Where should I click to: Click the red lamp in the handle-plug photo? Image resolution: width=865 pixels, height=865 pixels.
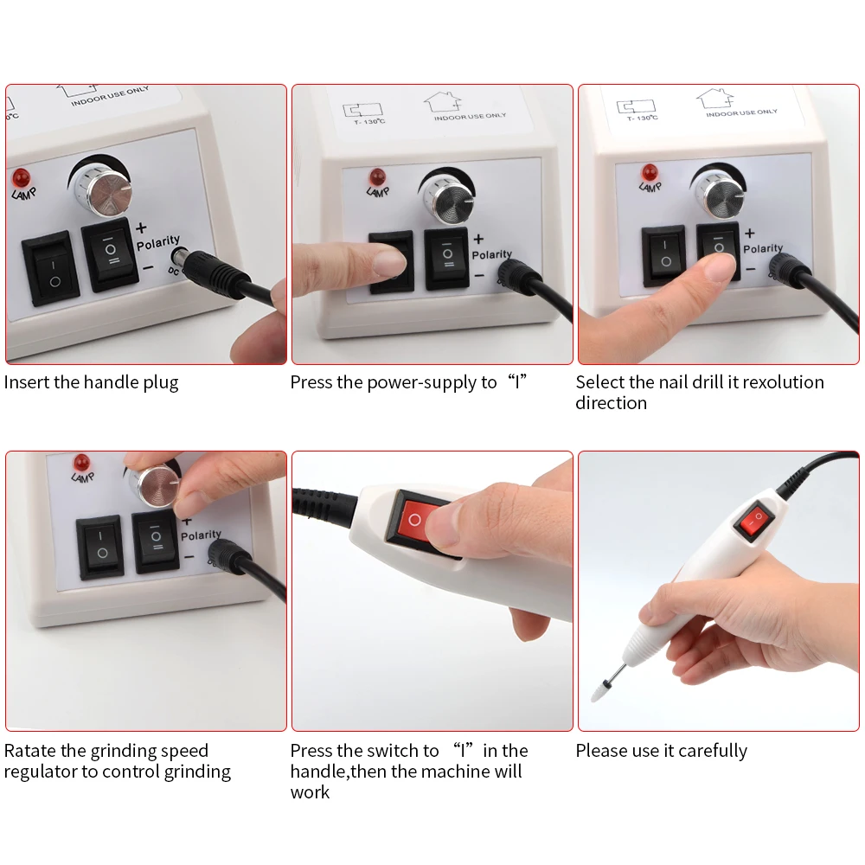pos(22,178)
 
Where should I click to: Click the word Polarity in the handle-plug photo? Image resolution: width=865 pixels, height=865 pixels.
pos(158,243)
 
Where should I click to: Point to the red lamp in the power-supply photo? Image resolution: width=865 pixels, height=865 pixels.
pos(378,177)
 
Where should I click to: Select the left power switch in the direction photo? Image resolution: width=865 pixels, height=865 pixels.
pos(663,255)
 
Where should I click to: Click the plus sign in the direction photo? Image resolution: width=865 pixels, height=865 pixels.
pos(750,234)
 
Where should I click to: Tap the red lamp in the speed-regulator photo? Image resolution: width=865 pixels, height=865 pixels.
pos(81,463)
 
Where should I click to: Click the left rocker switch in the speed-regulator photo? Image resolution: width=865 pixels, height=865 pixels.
pos(99,546)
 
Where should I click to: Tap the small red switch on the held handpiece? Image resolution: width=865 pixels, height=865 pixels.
pos(754,519)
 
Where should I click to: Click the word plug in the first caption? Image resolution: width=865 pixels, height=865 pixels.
pos(161,383)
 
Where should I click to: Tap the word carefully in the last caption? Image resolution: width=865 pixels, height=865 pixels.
pos(713,752)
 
